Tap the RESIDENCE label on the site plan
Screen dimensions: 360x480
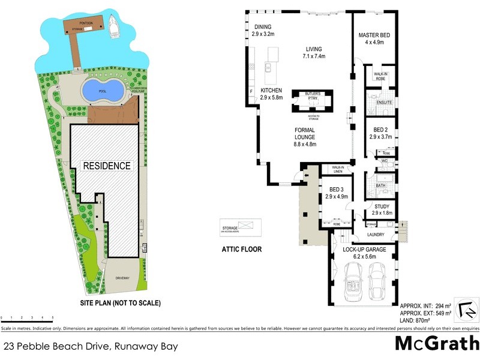(x=106, y=166)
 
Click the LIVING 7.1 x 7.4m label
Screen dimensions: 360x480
(x=313, y=53)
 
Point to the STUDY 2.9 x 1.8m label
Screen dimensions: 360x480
(x=381, y=210)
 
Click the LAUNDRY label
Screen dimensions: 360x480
(x=379, y=235)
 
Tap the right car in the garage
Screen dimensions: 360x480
(x=378, y=282)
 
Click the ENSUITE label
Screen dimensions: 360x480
(x=384, y=103)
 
